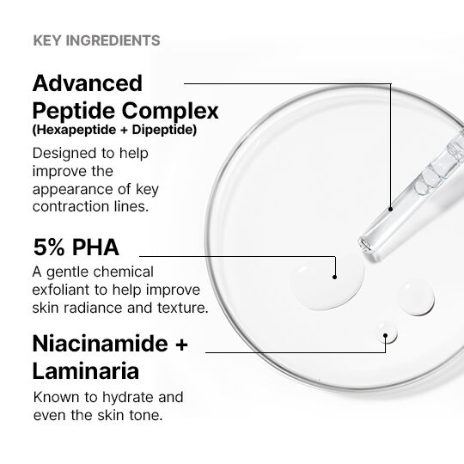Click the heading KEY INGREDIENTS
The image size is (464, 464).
[96, 40]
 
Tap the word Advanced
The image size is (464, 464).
[88, 83]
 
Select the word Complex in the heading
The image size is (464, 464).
[170, 111]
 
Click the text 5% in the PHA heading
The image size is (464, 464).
[49, 247]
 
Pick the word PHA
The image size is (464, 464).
[95, 247]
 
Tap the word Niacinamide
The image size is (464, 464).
[101, 344]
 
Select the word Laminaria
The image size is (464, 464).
[86, 371]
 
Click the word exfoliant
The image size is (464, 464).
[61, 290]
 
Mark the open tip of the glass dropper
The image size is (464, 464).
[364, 245]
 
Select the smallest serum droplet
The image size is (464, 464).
[387, 333]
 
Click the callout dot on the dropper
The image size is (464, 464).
[390, 209]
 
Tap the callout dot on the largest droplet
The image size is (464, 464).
[335, 277]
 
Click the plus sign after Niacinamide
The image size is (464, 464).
[180, 345]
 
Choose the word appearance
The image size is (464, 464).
[72, 190]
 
